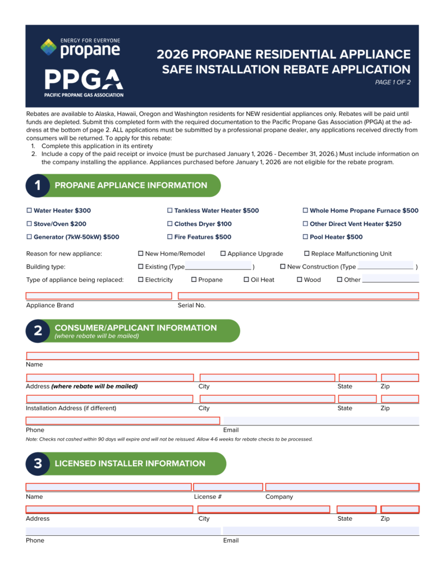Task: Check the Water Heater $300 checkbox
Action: point(29,211)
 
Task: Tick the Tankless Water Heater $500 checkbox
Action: point(169,211)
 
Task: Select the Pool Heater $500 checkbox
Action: point(305,237)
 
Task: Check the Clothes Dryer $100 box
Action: point(169,224)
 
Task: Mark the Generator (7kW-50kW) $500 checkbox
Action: point(29,237)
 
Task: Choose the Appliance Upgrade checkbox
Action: point(223,254)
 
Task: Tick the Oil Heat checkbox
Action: point(246,280)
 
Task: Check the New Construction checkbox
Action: point(283,267)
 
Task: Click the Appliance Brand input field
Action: point(99,296)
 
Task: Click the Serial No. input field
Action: point(298,296)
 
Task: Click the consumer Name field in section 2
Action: point(222,356)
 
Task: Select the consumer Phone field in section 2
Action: point(123,421)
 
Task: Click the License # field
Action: point(228,487)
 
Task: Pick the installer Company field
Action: point(342,487)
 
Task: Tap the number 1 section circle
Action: point(38,186)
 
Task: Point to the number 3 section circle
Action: point(38,464)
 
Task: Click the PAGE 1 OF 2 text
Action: point(393,83)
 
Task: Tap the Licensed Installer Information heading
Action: point(130,464)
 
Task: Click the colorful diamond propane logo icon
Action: point(49,47)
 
